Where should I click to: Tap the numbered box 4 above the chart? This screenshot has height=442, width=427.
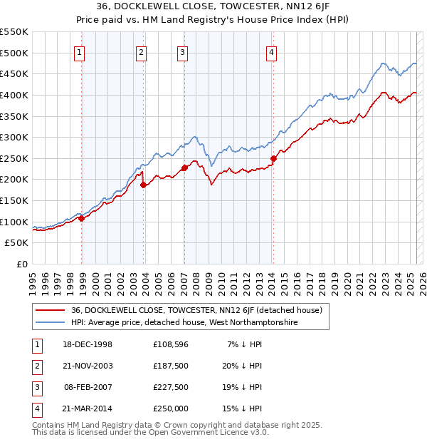(x=272, y=51)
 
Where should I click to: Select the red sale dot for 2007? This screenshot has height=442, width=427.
(x=184, y=168)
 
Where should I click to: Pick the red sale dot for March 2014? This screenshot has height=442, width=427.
(x=273, y=158)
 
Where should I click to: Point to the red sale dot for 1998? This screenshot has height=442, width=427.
(x=82, y=218)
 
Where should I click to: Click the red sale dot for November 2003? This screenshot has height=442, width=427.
(x=144, y=185)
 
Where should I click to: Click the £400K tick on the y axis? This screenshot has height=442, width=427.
(x=14, y=95)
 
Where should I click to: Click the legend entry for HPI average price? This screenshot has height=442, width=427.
(x=184, y=323)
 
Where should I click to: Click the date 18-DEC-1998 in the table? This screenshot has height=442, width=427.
(x=87, y=344)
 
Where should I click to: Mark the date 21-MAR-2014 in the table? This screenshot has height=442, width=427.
(x=87, y=408)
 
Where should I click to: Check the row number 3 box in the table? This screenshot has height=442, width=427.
(x=36, y=387)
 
